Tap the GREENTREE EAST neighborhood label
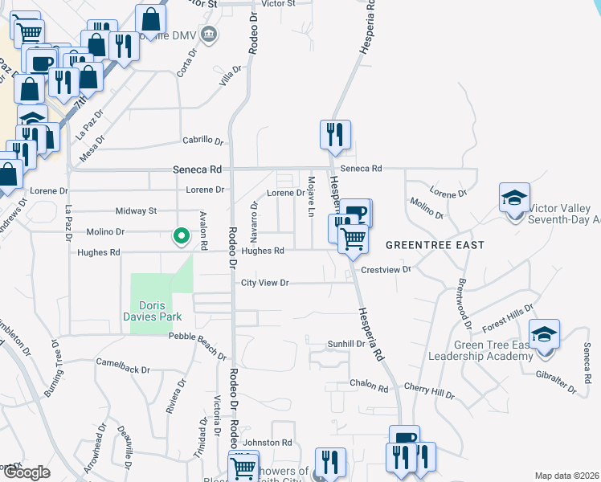[x=435, y=244]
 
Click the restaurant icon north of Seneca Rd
[x=335, y=134]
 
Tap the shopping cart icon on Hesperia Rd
[x=353, y=238]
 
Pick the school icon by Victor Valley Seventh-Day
[x=514, y=198]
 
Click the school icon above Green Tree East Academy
[x=545, y=333]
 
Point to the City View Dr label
[x=264, y=283]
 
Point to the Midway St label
[x=136, y=211]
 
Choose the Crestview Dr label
[x=386, y=270]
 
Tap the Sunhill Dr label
[x=346, y=343]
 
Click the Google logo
[x=26, y=472]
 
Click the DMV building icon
[x=209, y=35]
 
